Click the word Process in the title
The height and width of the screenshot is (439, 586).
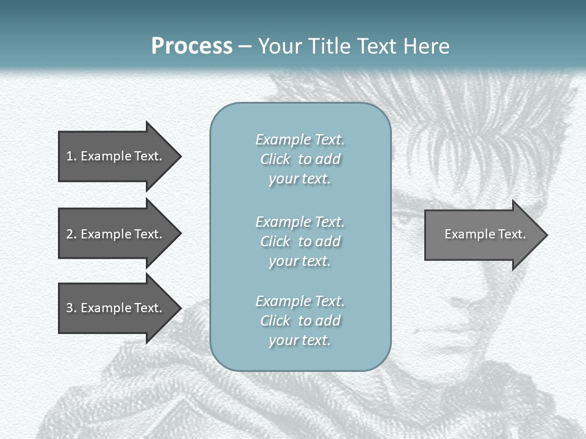click(192, 46)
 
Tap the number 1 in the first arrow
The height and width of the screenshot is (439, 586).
click(69, 156)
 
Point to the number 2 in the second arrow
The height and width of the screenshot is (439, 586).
click(70, 234)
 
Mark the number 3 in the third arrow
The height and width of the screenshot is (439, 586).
click(70, 308)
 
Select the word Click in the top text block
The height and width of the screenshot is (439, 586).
click(275, 159)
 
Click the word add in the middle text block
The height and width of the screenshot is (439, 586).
click(328, 241)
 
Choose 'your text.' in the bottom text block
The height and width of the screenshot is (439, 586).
click(299, 340)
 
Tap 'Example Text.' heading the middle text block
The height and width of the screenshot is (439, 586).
click(300, 222)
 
